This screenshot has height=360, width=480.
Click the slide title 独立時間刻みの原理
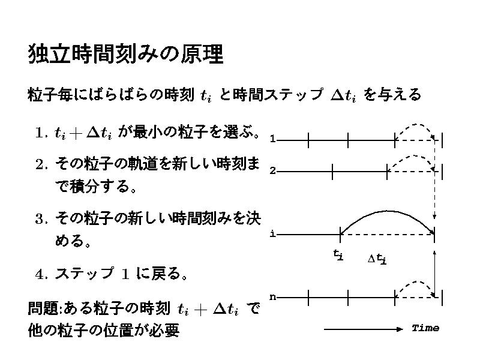coord(125,55)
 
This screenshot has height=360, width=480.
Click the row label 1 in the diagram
coord(272,140)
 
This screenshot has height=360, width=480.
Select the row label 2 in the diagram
coord(272,171)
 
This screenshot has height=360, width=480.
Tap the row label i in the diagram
coord(272,233)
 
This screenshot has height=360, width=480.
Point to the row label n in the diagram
coord(272,296)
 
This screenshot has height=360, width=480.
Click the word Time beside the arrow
coord(425,328)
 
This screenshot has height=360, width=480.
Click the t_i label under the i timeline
coord(338,255)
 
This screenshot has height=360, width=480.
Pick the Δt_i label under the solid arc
coord(377,259)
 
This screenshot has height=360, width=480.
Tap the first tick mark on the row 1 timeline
coord(308,140)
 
